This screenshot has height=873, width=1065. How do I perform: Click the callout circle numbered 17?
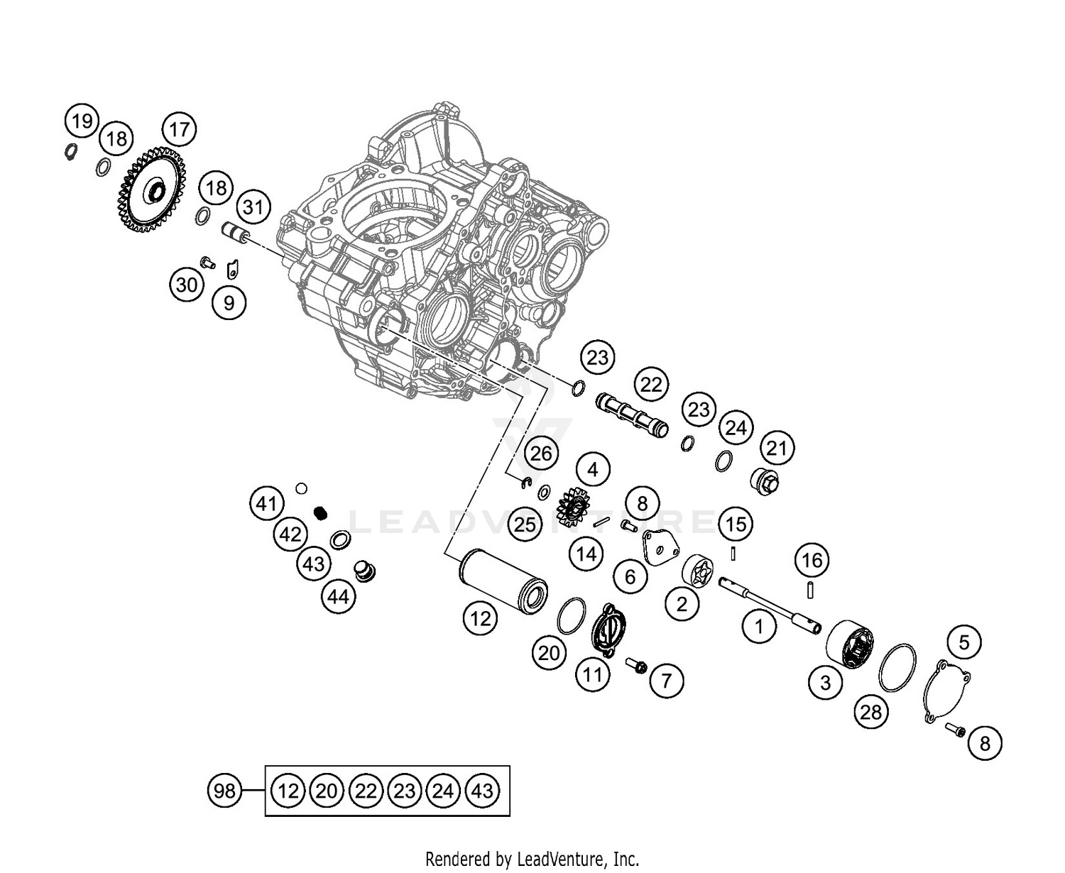pos(180,129)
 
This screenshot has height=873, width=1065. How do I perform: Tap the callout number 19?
pos(82,121)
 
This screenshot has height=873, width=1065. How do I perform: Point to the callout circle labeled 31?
pos(253,207)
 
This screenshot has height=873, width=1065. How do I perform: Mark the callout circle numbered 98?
pos(224,790)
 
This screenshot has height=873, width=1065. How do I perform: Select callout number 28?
pos(871,711)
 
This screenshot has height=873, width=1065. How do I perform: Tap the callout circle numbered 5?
pos(963,642)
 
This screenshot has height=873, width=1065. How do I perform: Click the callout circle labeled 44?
pos(338,597)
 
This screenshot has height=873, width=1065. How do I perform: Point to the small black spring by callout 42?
pos(320,512)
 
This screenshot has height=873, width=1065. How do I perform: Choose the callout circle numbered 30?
pos(187,285)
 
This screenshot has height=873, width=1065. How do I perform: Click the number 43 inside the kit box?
pos(482,790)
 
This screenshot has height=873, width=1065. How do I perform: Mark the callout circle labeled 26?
pos(541,453)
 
